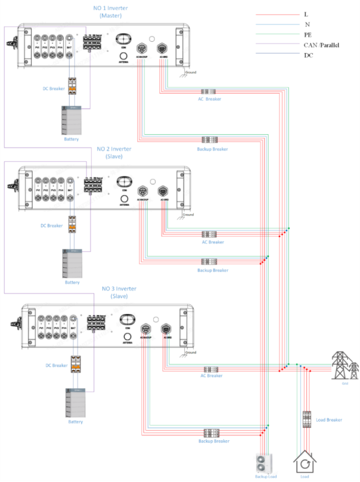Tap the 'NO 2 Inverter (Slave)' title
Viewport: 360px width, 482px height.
[115, 152]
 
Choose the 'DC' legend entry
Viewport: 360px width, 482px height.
[308, 55]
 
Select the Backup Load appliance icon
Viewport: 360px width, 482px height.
[263, 463]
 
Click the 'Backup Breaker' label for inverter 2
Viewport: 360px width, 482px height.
[212, 270]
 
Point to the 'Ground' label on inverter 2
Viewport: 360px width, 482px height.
[188, 214]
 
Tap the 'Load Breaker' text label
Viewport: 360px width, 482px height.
[330, 420]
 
